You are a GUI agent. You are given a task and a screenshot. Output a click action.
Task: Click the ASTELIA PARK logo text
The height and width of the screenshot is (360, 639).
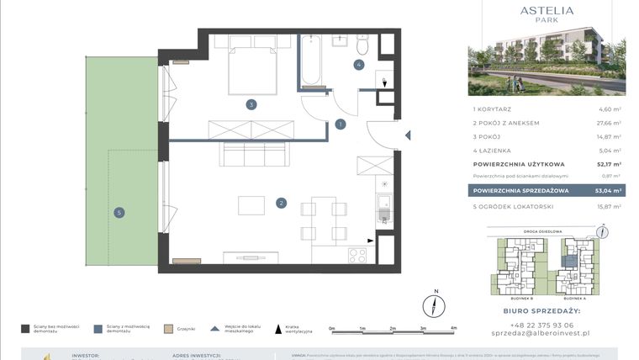click(x=547, y=14)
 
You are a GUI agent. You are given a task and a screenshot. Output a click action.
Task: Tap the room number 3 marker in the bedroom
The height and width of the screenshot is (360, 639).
click(x=251, y=105)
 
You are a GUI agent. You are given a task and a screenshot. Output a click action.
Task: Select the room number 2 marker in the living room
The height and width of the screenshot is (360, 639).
click(x=282, y=202)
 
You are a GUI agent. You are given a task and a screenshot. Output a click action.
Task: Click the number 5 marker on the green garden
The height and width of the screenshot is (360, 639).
click(x=120, y=213)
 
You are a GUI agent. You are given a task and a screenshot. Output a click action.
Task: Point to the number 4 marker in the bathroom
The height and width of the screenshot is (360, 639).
click(x=358, y=64)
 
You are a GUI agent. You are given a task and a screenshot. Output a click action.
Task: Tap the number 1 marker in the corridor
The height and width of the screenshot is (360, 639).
click(x=340, y=124)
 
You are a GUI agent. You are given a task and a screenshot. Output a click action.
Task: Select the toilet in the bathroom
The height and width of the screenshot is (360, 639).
click(x=362, y=43)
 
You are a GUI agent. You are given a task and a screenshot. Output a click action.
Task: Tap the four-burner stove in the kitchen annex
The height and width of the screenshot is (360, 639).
click(x=357, y=254)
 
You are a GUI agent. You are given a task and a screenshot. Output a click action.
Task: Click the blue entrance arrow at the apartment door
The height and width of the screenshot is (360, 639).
click(x=407, y=135)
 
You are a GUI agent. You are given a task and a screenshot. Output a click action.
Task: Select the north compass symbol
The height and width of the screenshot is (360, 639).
click(x=436, y=304)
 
